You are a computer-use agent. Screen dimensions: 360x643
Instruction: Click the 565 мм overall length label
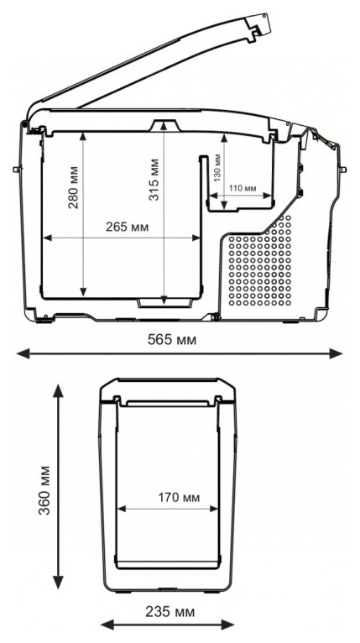tap(172, 340)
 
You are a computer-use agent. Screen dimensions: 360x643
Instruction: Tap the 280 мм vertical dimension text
tap(73, 187)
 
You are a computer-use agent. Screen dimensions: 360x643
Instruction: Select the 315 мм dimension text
tap(154, 180)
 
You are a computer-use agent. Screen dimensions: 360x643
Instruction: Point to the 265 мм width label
tap(127, 227)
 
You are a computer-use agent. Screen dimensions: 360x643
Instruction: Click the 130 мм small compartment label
tap(217, 167)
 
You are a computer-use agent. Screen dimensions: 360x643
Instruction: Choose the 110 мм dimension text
tap(242, 188)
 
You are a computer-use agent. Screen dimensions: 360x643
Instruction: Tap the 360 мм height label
tap(44, 490)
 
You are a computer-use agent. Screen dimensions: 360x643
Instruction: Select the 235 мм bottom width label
tap(170, 612)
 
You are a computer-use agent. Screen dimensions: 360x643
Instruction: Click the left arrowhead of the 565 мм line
tap(23, 353)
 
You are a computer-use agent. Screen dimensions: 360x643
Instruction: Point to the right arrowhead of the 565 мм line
tap(337, 353)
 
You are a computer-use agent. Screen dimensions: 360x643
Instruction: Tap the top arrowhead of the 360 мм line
tap(58, 391)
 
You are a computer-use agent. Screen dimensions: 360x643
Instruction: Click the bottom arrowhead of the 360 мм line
tap(58, 583)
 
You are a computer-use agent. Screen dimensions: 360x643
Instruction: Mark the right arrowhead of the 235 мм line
tap(228, 625)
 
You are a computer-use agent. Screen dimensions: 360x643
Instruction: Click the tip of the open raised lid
tap(265, 16)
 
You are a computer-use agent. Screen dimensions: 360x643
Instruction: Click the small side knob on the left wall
tap(17, 169)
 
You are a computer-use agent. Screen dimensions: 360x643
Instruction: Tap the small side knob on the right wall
tap(343, 169)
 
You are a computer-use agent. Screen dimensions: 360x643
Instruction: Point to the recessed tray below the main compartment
tap(164, 303)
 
